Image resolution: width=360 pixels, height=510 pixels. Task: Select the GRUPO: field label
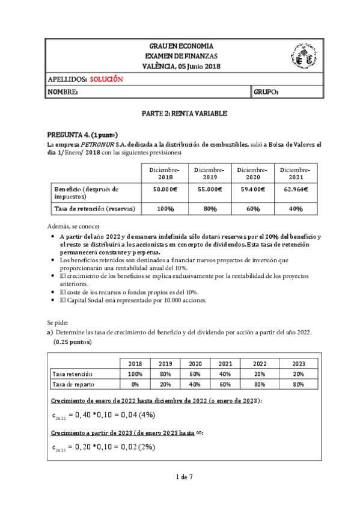(x=266, y=92)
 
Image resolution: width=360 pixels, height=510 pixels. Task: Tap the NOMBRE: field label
(x=62, y=92)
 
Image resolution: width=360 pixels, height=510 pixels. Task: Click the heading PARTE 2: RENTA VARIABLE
(x=180, y=113)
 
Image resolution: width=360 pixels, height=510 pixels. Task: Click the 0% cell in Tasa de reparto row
(x=135, y=384)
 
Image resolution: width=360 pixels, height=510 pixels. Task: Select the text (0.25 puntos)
(x=72, y=342)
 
